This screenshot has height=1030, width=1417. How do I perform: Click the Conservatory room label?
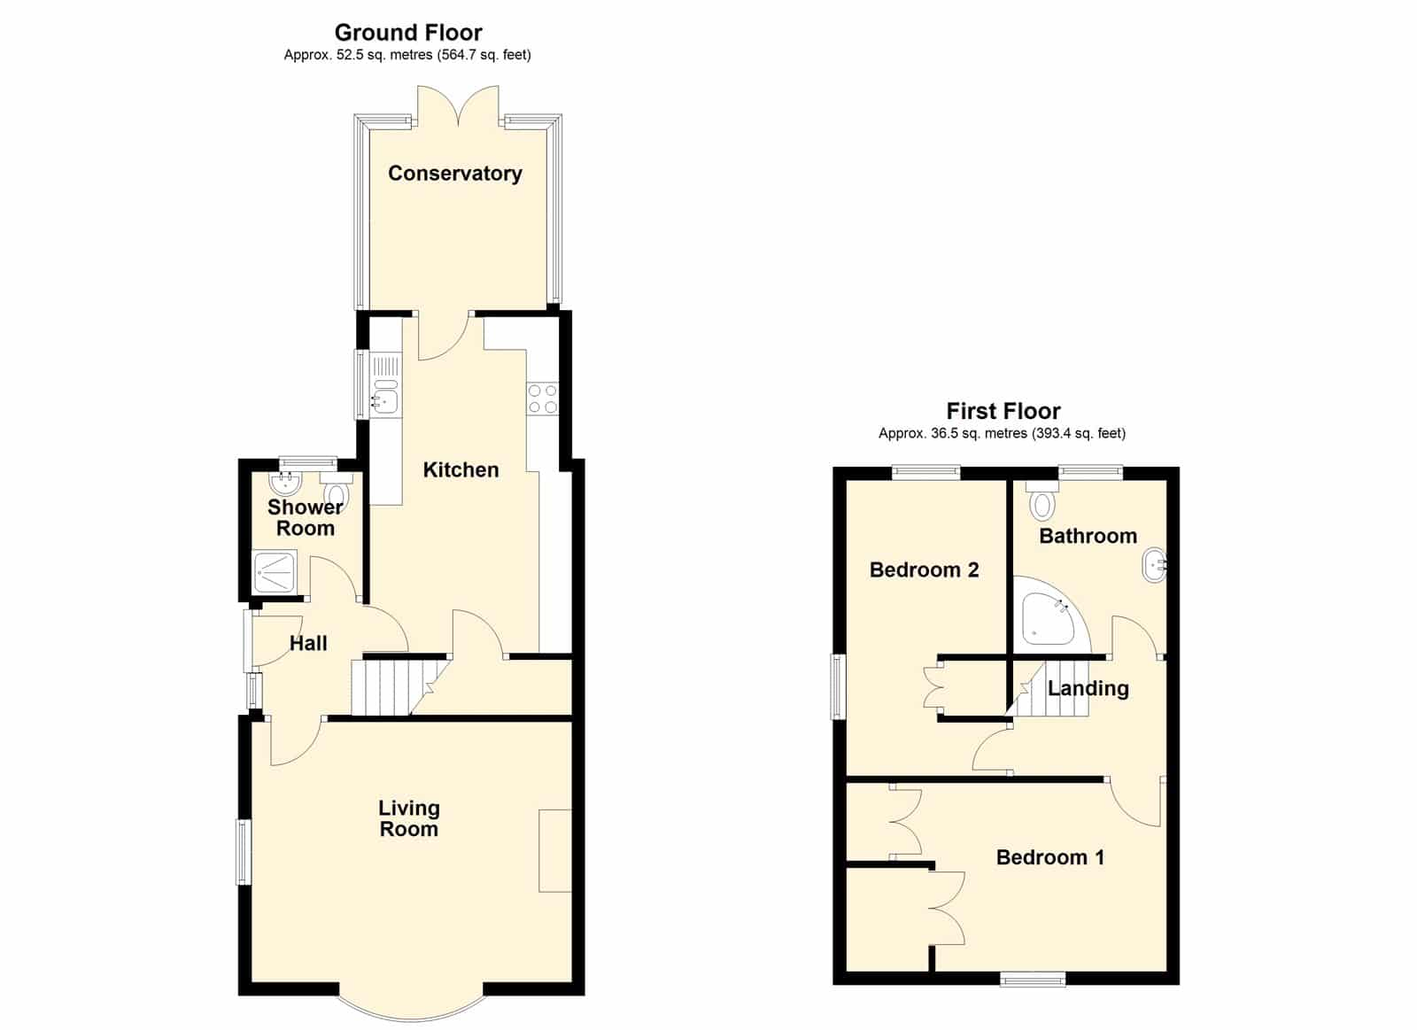(x=455, y=174)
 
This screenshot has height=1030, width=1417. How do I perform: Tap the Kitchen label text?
(x=461, y=469)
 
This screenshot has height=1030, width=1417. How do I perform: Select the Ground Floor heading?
(x=408, y=32)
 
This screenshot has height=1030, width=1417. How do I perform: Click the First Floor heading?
(x=1003, y=411)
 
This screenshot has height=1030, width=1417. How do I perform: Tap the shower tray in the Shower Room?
(x=275, y=573)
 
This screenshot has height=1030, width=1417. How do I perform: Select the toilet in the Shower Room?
(x=336, y=486)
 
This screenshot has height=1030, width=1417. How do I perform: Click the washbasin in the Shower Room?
(x=285, y=484)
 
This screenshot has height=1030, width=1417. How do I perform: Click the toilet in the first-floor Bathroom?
(x=1041, y=500)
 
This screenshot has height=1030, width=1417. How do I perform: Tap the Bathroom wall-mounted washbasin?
(x=1154, y=565)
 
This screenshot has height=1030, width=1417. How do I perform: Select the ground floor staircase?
(x=399, y=688)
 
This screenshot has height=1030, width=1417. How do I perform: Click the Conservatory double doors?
(x=458, y=106)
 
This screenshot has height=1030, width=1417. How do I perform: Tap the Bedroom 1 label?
(x=1050, y=857)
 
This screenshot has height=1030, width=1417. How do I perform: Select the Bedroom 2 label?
(x=925, y=570)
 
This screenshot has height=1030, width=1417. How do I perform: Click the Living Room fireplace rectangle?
(x=554, y=850)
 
